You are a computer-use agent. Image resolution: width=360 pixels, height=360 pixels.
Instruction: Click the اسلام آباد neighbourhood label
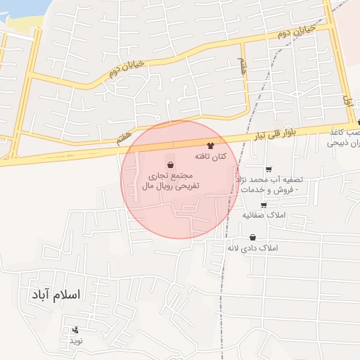pos(57,294)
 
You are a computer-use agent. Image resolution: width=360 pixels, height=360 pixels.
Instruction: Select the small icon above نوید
pos(75,329)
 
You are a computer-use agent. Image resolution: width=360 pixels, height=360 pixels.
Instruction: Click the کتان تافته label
pos(210,155)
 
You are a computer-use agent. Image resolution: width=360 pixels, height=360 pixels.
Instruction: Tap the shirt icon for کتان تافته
pos(210,144)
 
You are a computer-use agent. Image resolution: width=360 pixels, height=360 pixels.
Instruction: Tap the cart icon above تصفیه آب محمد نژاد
pos(269,169)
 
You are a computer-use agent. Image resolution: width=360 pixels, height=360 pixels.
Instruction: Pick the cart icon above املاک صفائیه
pos(263,205)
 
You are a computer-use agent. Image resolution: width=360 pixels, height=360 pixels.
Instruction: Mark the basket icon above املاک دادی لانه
pos(252,238)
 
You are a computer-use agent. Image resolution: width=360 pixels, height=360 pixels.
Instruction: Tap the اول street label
pos(346,100)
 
